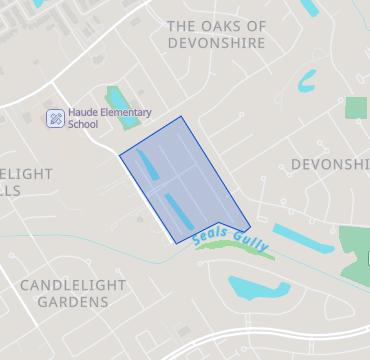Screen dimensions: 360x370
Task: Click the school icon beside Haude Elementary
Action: click(x=56, y=118)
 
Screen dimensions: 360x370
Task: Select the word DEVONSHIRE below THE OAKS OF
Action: click(x=216, y=44)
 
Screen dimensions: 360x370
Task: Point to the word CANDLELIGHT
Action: click(x=73, y=285)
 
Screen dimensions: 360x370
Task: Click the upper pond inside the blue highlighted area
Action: click(x=147, y=162)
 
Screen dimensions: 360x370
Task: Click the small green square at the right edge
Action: click(x=356, y=108)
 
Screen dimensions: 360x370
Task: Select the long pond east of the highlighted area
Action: click(x=303, y=239)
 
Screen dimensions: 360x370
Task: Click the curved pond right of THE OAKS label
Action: click(x=306, y=80)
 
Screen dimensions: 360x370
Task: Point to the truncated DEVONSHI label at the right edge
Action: click(x=330, y=163)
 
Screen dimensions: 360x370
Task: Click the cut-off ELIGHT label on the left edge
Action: click(x=26, y=174)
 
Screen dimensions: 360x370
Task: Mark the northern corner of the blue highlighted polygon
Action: click(x=182, y=116)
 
